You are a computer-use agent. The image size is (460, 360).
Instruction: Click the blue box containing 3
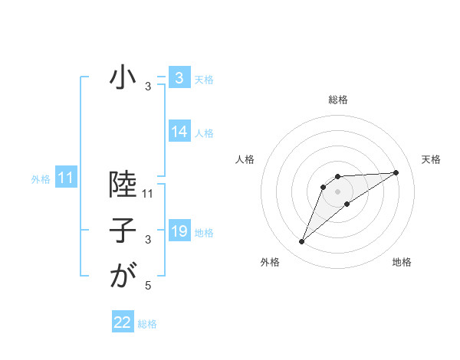[179, 78]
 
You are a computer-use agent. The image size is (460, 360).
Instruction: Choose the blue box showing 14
[179, 132]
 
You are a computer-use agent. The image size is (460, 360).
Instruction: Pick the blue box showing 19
[179, 231]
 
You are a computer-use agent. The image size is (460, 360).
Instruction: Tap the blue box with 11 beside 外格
[65, 178]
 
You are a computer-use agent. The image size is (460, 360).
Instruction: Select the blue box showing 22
[123, 322]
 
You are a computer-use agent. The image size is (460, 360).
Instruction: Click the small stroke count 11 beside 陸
[149, 195]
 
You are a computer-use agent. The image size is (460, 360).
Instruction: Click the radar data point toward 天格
[396, 172]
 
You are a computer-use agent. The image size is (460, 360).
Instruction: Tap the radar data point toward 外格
[302, 242]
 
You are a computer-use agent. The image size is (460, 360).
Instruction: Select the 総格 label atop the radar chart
[338, 100]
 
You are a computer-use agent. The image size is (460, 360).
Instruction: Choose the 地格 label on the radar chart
[402, 263]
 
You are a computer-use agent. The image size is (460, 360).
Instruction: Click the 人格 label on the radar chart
[245, 159]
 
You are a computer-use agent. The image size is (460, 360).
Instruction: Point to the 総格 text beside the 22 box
[147, 324]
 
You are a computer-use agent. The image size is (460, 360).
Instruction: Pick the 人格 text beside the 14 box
[204, 133]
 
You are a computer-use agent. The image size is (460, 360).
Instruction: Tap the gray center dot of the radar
[338, 191]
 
